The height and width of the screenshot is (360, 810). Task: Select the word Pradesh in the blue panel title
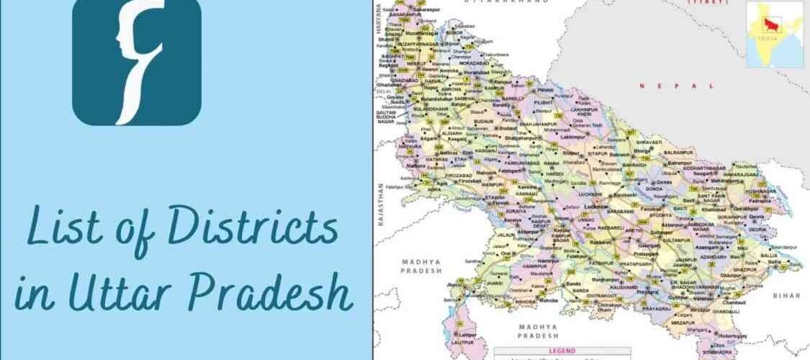(x=285, y=297)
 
